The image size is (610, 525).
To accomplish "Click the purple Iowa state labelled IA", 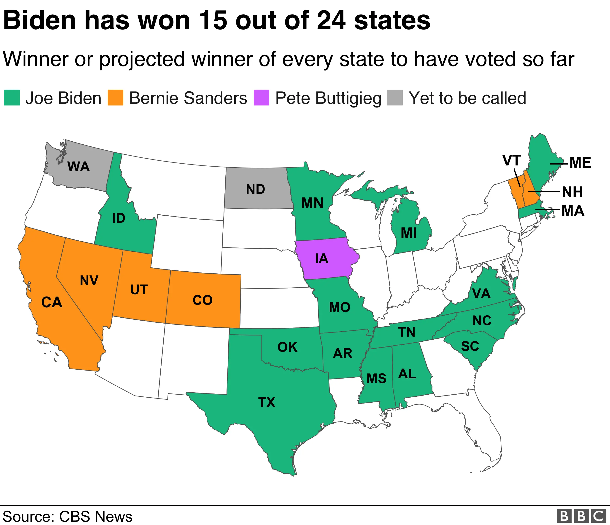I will (321, 258).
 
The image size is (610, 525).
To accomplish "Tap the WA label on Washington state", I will (78, 167).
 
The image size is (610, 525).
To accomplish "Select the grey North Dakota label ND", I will (256, 189).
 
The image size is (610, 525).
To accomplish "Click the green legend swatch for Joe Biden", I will (12, 98).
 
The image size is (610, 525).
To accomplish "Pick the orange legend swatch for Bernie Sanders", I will (115, 98).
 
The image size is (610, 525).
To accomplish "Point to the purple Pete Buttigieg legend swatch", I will (262, 98).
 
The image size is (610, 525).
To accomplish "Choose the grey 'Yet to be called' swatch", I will (395, 98).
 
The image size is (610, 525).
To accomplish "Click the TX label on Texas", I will (267, 402).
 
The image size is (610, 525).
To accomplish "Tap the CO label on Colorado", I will (202, 300).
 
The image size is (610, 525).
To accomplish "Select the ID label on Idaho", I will (119, 218).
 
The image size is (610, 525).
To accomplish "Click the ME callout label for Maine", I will (580, 163).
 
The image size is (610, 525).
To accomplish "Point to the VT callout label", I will (512, 161).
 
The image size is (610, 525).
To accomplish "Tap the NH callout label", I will (572, 192).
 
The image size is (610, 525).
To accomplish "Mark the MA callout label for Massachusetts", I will (573, 211).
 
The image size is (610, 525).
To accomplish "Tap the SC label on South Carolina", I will (470, 346).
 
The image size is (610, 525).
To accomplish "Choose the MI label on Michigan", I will (409, 234).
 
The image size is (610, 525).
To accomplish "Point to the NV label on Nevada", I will (89, 280).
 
